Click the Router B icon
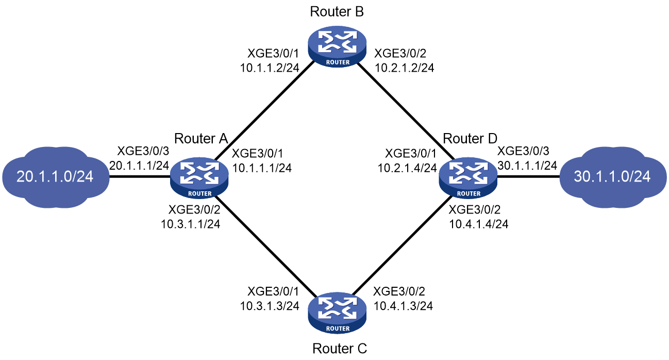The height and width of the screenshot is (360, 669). click(x=338, y=46)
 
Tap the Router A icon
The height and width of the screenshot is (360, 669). click(x=199, y=178)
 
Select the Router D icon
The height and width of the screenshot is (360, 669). click(x=469, y=178)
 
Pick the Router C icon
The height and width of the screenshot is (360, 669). click(x=337, y=313)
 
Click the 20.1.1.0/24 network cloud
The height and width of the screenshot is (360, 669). click(x=56, y=177)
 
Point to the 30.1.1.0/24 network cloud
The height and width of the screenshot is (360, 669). click(x=613, y=177)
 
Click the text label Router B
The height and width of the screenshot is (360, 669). click(x=337, y=12)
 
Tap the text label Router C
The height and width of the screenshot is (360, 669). click(x=340, y=349)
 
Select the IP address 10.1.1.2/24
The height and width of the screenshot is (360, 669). click(x=270, y=68)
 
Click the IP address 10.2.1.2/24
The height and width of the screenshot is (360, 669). click(x=404, y=68)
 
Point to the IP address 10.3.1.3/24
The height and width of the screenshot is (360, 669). click(x=270, y=306)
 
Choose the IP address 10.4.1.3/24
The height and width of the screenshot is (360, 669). click(x=403, y=306)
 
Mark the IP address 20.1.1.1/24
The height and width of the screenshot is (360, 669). click(x=139, y=166)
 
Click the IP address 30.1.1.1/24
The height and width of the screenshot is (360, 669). click(x=527, y=166)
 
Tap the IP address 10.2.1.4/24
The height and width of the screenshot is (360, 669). click(x=407, y=168)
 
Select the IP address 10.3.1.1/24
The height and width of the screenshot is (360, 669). click(x=191, y=224)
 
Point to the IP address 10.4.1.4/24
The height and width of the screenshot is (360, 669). click(x=479, y=224)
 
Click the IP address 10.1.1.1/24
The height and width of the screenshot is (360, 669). click(x=262, y=168)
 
